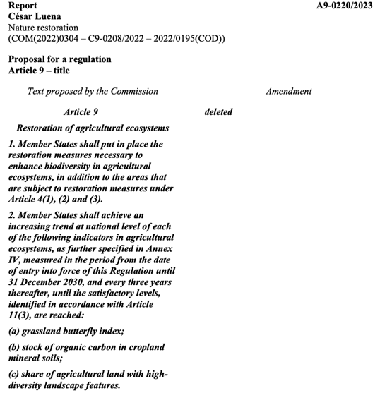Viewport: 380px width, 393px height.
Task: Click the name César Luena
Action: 35,16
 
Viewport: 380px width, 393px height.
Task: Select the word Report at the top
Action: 23,6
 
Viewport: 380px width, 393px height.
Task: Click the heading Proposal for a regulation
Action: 59,59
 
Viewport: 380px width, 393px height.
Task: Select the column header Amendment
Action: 289,91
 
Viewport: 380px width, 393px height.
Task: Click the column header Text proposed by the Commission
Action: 93,91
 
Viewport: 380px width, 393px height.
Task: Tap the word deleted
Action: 218,111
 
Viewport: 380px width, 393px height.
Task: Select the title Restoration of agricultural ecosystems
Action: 93,128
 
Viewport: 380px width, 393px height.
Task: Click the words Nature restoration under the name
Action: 43,27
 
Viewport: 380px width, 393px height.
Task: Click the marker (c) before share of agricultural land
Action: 15,374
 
